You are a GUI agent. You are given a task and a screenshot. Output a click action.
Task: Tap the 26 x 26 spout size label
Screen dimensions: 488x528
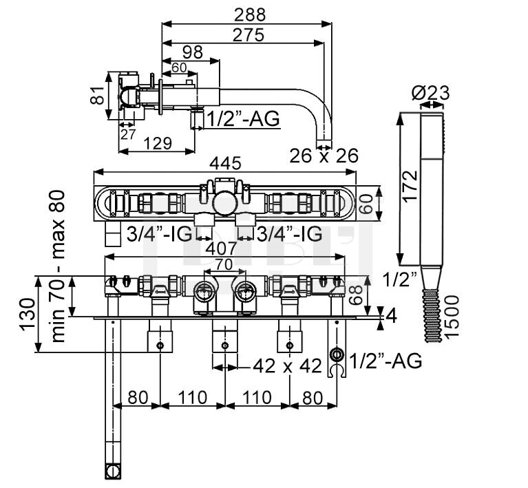click(x=324, y=156)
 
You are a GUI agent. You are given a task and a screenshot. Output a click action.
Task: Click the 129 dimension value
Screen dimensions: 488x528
click(x=159, y=143)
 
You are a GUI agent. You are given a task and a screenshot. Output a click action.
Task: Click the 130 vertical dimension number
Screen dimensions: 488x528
click(x=28, y=315)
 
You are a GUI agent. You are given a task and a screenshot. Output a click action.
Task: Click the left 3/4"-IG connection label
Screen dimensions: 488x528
click(x=155, y=233)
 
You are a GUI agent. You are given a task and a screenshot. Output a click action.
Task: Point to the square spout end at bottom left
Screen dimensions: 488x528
click(x=112, y=471)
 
